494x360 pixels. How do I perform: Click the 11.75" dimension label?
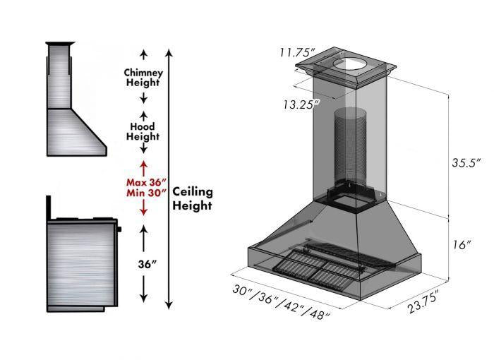[x=296, y=52]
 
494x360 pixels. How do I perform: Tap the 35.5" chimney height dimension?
[x=466, y=162]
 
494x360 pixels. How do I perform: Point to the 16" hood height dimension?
[x=462, y=245]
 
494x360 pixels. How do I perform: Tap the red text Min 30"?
[x=144, y=191]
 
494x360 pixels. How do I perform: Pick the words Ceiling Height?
[x=192, y=198]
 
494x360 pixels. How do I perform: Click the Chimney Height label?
[x=143, y=78]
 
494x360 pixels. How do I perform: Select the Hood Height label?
[x=143, y=131]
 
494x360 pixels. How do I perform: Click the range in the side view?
[x=80, y=261]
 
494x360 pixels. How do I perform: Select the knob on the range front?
[x=120, y=229]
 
